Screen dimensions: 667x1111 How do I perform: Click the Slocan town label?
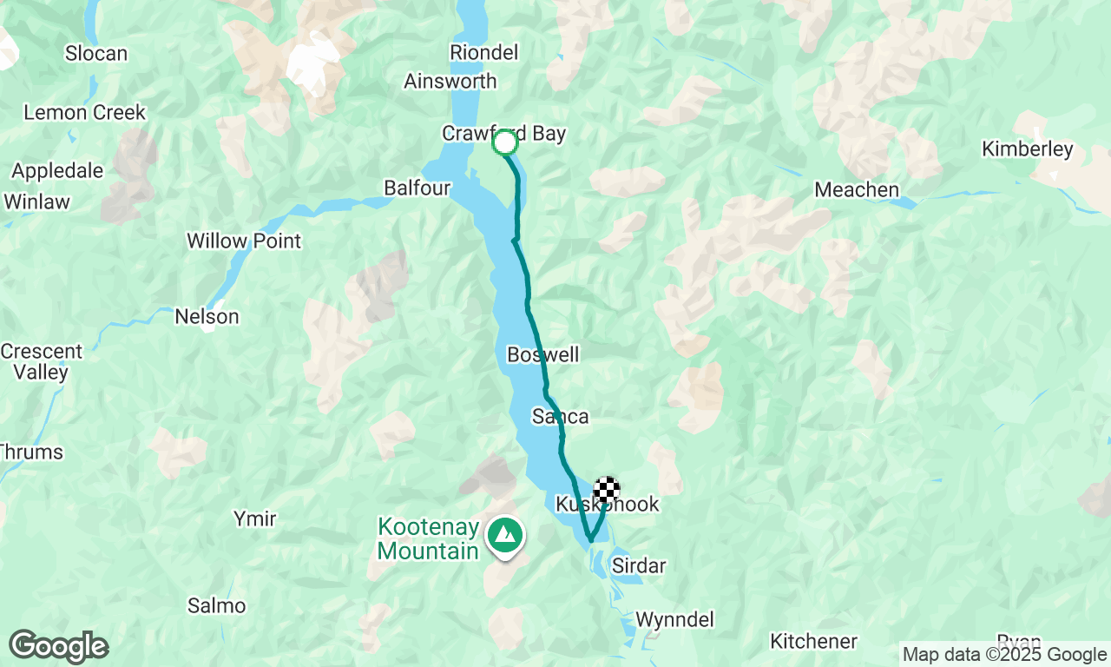click(x=96, y=54)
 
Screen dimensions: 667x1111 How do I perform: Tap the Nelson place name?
click(x=207, y=316)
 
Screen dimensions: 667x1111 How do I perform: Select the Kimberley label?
click(x=1027, y=149)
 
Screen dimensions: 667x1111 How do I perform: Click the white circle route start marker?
click(x=505, y=142)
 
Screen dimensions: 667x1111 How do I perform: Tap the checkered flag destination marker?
click(x=607, y=490)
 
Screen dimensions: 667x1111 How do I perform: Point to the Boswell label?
click(x=542, y=355)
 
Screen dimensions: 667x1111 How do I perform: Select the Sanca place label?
click(x=560, y=417)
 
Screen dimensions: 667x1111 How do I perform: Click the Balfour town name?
click(x=417, y=188)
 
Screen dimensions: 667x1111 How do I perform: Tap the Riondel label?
click(x=483, y=53)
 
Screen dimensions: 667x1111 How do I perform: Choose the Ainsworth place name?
click(x=450, y=82)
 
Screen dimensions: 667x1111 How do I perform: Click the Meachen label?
click(x=856, y=189)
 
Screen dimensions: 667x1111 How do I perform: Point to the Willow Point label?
click(x=244, y=241)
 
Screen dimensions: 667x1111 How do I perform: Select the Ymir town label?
click(x=254, y=519)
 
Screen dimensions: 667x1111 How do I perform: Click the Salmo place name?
click(x=216, y=605)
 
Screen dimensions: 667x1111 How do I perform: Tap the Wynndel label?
click(x=674, y=620)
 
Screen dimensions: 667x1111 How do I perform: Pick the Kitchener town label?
click(x=813, y=642)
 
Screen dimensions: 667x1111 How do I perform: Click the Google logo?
click(x=59, y=647)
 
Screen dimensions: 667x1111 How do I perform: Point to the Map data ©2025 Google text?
click(x=1004, y=655)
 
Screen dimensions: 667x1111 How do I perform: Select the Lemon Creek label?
click(x=85, y=113)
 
